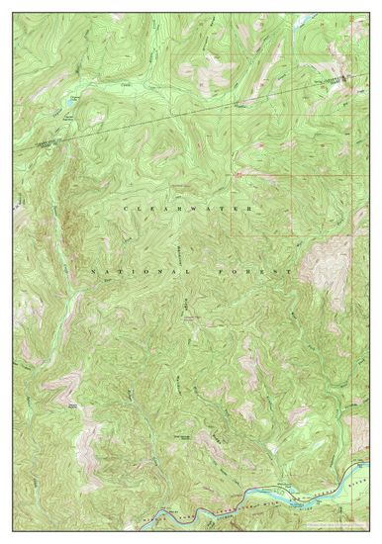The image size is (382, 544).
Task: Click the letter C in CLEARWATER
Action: click(127, 210)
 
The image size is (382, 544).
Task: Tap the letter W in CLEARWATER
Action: click(203, 210)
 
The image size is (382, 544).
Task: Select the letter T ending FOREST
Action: click(289, 270)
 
